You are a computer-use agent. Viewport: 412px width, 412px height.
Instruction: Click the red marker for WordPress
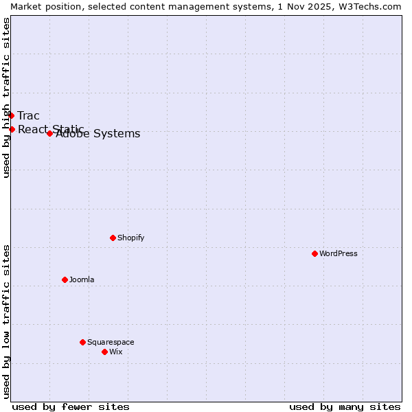[314, 253]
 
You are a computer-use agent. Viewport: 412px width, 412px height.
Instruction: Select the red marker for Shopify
[113, 238]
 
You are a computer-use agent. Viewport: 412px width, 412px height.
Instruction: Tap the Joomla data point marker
[65, 279]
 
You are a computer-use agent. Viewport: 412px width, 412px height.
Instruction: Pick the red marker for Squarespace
[82, 342]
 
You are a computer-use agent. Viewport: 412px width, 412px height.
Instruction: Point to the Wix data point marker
[104, 352]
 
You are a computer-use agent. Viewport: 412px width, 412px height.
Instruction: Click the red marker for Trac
[11, 115]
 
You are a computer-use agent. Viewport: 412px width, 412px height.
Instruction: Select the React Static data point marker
[12, 129]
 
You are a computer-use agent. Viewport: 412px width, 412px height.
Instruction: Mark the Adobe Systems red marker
[49, 133]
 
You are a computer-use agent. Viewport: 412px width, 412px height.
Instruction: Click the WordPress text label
[339, 253]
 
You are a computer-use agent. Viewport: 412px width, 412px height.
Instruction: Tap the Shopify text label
[131, 238]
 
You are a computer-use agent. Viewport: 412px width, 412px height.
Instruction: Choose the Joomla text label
[82, 279]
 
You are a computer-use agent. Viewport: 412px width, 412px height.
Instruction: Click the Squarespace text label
[111, 342]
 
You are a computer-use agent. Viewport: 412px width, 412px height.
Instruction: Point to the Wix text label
[116, 352]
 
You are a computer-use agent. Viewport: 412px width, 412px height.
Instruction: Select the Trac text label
[29, 115]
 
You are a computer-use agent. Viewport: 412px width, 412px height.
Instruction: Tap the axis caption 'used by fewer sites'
[71, 407]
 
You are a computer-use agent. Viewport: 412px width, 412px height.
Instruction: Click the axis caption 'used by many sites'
[345, 407]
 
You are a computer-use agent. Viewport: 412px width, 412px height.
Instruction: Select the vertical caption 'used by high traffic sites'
[6, 98]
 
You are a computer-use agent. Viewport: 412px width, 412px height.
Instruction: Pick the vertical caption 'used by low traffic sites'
[6, 321]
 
